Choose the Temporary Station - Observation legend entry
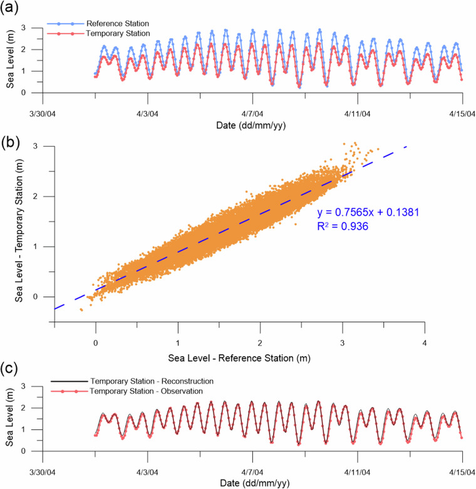(157, 391)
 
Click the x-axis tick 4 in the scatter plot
(425, 343)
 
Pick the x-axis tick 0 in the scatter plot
(96, 343)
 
